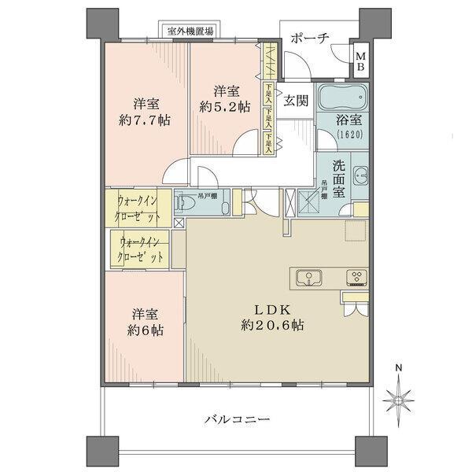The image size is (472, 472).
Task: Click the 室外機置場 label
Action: [x=189, y=31]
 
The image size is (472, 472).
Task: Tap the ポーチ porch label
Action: [x=308, y=38]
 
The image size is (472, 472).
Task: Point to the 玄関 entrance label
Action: [x=296, y=100]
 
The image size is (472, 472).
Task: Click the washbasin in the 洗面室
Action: [x=359, y=176]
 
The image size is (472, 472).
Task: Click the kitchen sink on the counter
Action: [x=308, y=277]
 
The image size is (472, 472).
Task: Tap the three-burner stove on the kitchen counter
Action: [x=356, y=277]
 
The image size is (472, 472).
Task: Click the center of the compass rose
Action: [x=399, y=401]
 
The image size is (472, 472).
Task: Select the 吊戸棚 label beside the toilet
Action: [x=209, y=194]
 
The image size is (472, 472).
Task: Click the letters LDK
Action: [x=273, y=308]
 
